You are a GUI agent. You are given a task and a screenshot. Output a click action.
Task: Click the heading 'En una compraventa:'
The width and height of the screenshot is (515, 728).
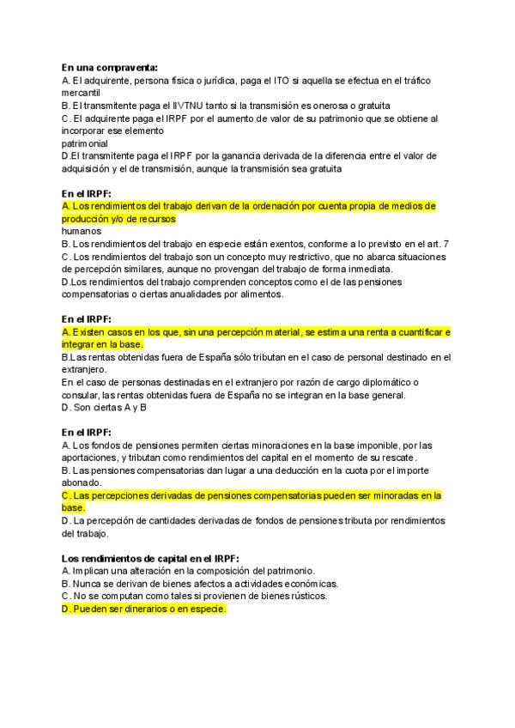(x=110, y=67)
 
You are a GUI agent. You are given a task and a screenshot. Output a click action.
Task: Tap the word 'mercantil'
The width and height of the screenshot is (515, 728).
(x=82, y=92)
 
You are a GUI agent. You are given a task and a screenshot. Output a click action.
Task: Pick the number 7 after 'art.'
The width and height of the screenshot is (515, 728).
(x=446, y=244)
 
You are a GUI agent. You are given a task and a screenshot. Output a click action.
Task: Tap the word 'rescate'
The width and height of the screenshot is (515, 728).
(x=419, y=458)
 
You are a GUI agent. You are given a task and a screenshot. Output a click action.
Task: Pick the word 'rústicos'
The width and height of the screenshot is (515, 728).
(x=306, y=596)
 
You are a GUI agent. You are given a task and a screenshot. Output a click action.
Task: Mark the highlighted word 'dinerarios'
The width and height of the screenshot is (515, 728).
(x=139, y=609)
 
